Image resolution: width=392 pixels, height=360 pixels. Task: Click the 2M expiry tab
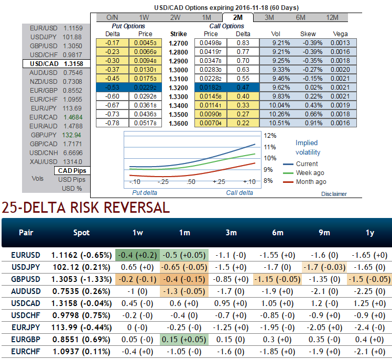(x=237, y=17)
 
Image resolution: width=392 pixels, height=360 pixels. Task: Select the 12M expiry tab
(x=332, y=17)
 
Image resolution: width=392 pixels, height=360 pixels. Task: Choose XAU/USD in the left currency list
(x=56, y=161)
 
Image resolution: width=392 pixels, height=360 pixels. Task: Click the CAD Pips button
(x=72, y=170)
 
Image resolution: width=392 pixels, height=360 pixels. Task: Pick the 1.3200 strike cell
(x=178, y=88)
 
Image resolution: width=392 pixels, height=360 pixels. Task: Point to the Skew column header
(x=308, y=34)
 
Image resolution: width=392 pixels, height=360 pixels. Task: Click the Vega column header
(x=340, y=34)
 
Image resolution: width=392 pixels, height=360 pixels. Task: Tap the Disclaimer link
(x=334, y=194)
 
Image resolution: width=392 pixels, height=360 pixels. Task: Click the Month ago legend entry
(x=311, y=182)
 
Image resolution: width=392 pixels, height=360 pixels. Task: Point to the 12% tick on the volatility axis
(x=270, y=135)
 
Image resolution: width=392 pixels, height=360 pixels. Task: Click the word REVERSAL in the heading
(x=131, y=208)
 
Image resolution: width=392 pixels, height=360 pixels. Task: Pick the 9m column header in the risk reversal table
(x=322, y=232)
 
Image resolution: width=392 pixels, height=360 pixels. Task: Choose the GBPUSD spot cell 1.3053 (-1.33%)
(x=82, y=279)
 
